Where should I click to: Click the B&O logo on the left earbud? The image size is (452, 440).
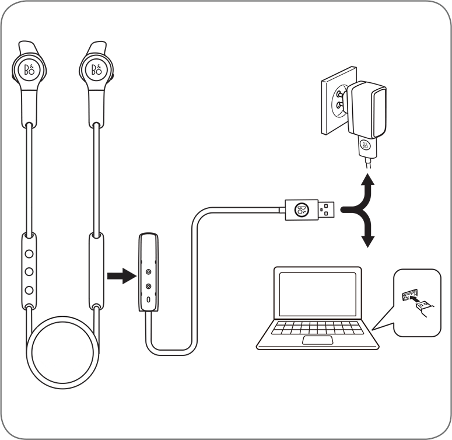29,69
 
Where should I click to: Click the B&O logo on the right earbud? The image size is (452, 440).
97,69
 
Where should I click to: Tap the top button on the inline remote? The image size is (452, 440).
29,254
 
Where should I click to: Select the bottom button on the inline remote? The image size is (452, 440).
29,290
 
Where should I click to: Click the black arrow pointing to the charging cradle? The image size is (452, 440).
122,276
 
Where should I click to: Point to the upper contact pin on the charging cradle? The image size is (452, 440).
149,271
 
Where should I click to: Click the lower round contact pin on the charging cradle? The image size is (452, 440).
149,287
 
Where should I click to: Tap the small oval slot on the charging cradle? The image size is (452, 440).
149,300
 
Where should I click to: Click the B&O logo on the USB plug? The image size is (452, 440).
302,209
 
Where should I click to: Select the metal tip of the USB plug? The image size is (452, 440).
327,209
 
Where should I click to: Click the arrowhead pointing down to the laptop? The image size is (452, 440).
367,242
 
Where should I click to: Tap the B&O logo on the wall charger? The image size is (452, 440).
365,145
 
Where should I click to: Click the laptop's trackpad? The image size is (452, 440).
317,340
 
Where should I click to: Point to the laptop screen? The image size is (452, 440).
318,294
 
